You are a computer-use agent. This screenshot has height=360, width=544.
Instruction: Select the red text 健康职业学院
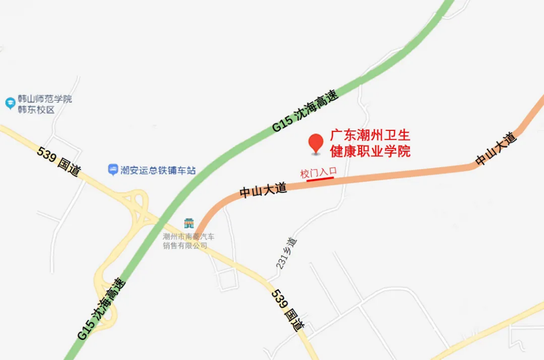[x=370, y=151]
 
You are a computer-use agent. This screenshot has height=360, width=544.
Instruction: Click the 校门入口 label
[x=318, y=173]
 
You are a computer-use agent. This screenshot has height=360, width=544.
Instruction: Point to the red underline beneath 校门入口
[x=320, y=180]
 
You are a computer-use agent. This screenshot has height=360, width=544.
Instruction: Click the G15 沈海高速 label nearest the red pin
[x=306, y=113]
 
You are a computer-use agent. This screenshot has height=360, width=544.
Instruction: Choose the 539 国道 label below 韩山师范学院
[x=59, y=162]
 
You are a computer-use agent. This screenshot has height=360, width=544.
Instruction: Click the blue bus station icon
[x=113, y=170]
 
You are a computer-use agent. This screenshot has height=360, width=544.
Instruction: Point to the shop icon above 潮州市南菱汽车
[x=188, y=224]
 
